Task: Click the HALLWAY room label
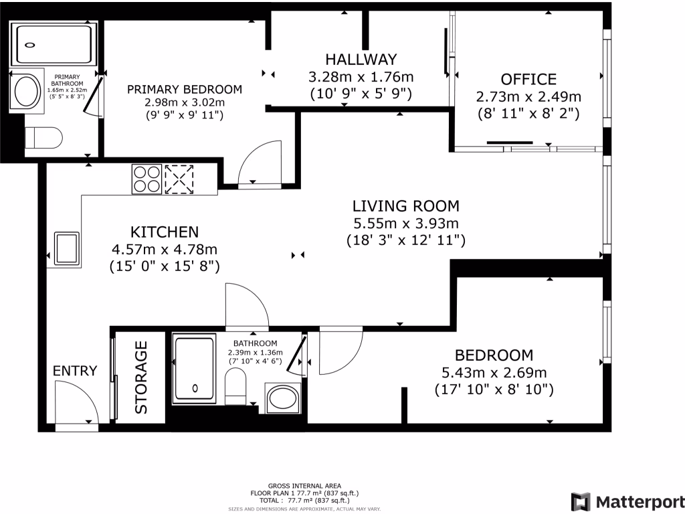pos(361,59)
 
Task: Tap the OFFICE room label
pos(528,79)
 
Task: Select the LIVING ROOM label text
pos(406,206)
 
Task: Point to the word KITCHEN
pos(165,232)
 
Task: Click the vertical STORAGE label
pos(141,377)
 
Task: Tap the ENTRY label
pos(75,371)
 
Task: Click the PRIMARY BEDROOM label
pos(185,89)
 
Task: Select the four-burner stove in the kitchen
pos(146,179)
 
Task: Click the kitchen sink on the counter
pos(67,249)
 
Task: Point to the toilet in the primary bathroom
pos(43,138)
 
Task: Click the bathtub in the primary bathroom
pos(54,45)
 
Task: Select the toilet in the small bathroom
pos(236,386)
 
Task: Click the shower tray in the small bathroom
pos(195,368)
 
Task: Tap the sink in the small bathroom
pos(283,398)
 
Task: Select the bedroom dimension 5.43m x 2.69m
pos(494,372)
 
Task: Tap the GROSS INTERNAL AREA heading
pos(304,486)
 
